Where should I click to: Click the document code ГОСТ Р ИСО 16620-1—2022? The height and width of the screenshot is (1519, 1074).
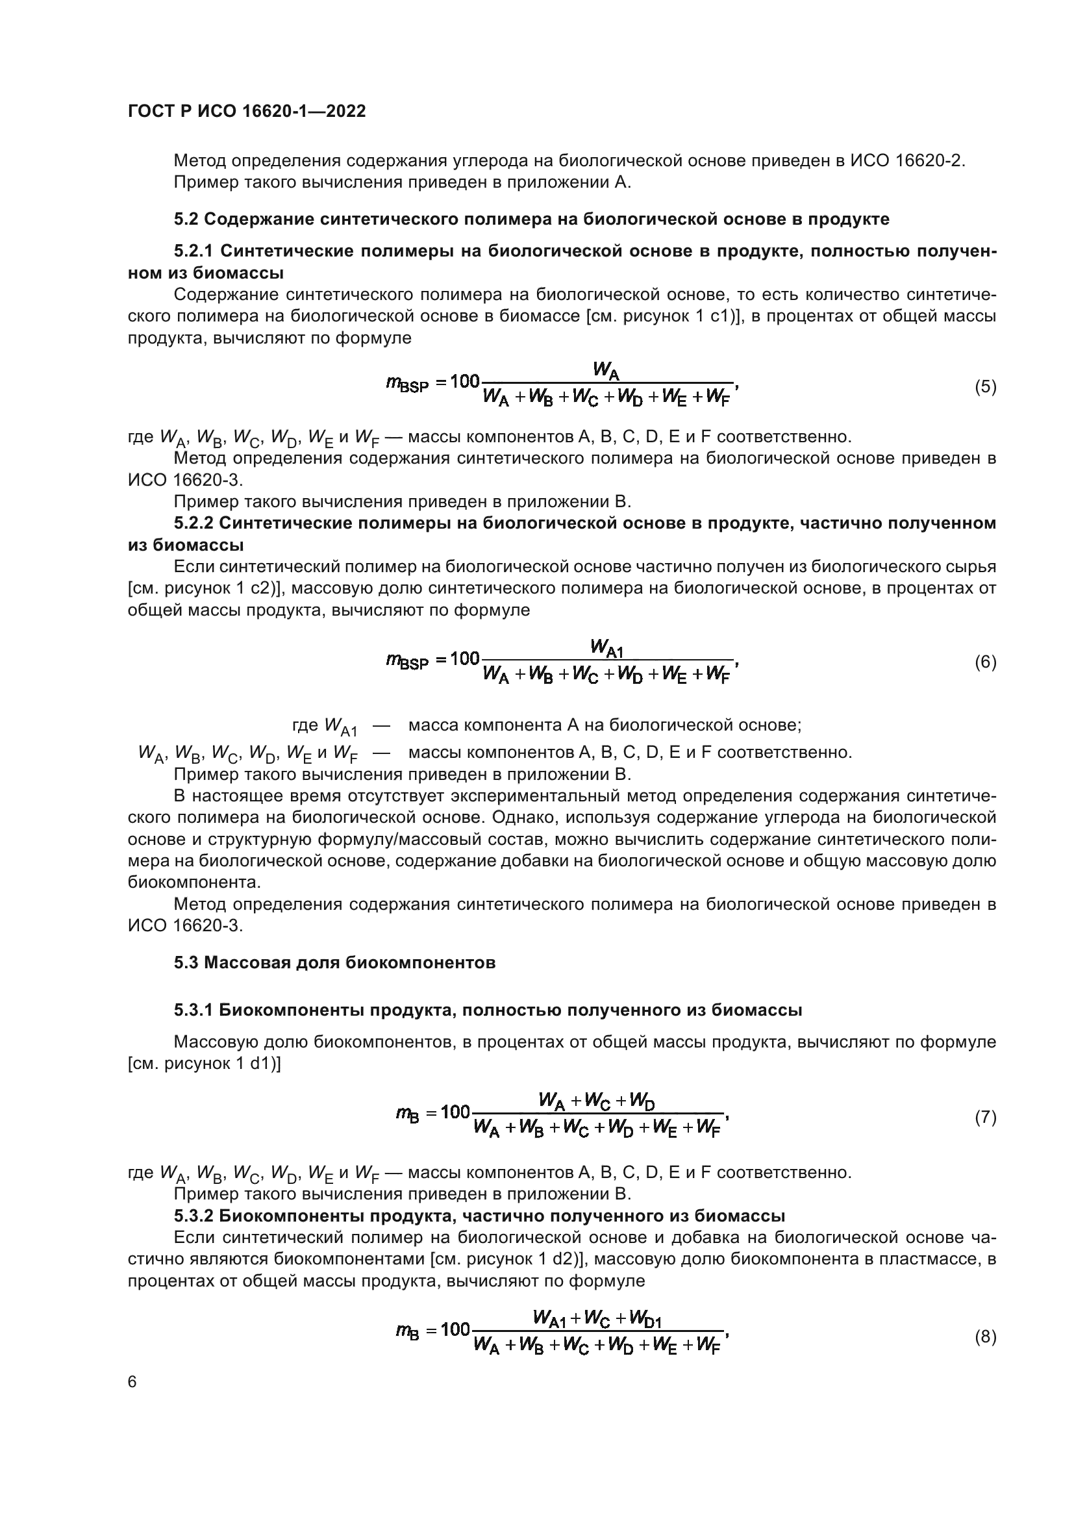pyautogui.click(x=246, y=111)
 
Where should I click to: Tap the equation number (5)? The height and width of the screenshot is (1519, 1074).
pyautogui.click(x=985, y=387)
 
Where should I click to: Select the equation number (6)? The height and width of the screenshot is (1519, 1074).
pyautogui.click(x=985, y=662)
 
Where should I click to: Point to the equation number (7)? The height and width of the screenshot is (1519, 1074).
pyautogui.click(x=985, y=1118)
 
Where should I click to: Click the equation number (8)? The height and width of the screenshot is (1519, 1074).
pyautogui.click(x=985, y=1337)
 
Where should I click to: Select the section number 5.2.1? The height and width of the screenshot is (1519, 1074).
pyautogui.click(x=194, y=251)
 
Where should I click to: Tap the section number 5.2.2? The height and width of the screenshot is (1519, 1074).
pyautogui.click(x=194, y=523)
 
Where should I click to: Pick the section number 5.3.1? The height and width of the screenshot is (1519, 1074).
pyautogui.click(x=194, y=1011)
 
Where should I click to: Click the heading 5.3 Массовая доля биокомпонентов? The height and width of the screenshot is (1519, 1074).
pyautogui.click(x=334, y=962)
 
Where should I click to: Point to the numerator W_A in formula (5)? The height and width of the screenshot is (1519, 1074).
pyautogui.click(x=606, y=372)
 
